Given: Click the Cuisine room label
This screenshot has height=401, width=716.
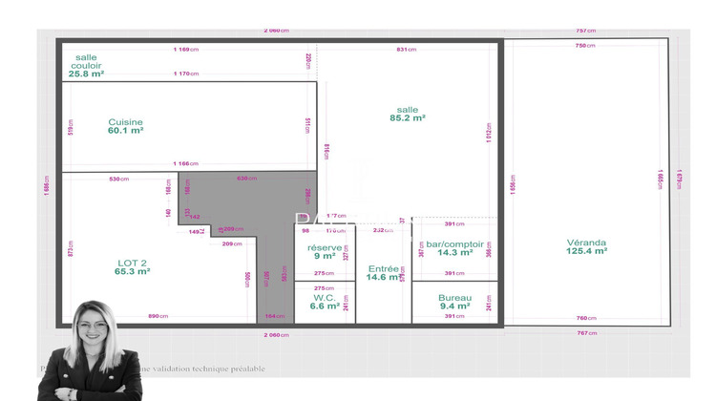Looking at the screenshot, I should click(x=125, y=121).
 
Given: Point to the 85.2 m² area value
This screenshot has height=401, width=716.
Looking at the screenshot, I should click(x=408, y=118).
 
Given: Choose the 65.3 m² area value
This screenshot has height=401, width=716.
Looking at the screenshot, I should click(x=132, y=272).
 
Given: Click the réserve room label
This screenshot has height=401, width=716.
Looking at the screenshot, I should click(x=325, y=247).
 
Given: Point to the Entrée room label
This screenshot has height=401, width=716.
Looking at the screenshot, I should click(x=384, y=268).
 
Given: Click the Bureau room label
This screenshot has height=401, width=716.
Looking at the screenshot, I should click(x=454, y=297).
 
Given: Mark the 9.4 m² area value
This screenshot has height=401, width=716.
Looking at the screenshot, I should click(x=454, y=306).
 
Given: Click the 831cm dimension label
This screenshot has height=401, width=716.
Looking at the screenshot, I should click(x=406, y=49).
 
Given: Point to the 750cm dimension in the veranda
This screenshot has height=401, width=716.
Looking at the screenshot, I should click(x=585, y=46).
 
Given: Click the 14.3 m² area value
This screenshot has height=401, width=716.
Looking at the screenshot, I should click(x=454, y=253).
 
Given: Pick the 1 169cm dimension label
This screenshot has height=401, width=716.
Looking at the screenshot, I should click(x=185, y=49).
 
